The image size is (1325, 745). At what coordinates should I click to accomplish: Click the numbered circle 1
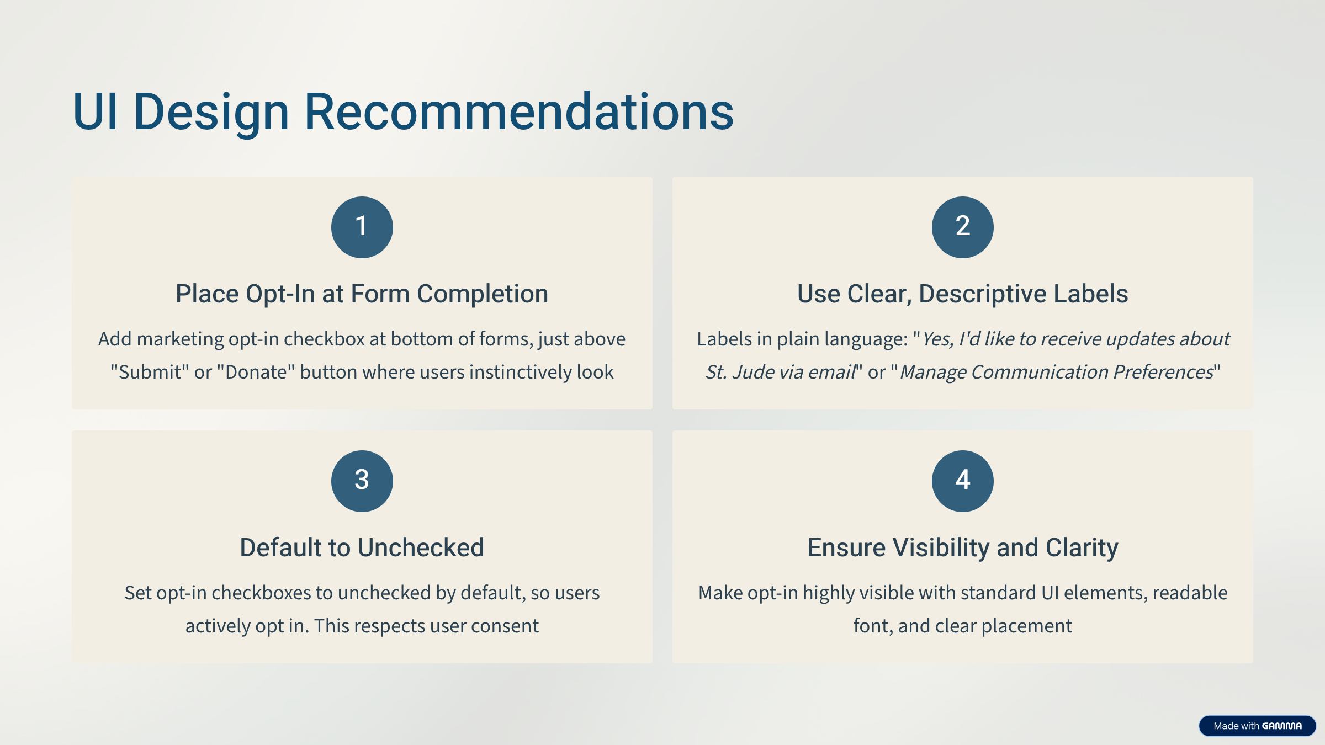pyautogui.click(x=362, y=227)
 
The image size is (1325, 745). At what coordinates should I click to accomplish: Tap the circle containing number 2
pyautogui.click(x=963, y=227)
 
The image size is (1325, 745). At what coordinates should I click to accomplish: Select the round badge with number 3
pyautogui.click(x=362, y=481)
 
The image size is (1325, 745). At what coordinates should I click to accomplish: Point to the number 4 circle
pyautogui.click(x=963, y=481)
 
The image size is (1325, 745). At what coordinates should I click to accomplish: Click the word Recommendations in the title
pyautogui.click(x=519, y=111)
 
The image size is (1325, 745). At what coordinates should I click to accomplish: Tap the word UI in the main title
pyautogui.click(x=95, y=111)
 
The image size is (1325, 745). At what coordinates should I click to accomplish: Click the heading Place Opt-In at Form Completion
pyautogui.click(x=362, y=294)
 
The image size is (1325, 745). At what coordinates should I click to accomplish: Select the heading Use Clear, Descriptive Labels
pyautogui.click(x=963, y=294)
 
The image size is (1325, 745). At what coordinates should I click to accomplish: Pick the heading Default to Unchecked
pyautogui.click(x=362, y=547)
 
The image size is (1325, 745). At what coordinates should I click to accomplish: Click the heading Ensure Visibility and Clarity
pyautogui.click(x=963, y=548)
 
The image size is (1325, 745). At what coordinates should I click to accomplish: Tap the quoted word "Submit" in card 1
pyautogui.click(x=149, y=372)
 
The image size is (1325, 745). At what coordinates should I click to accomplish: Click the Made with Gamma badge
pyautogui.click(x=1258, y=726)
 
